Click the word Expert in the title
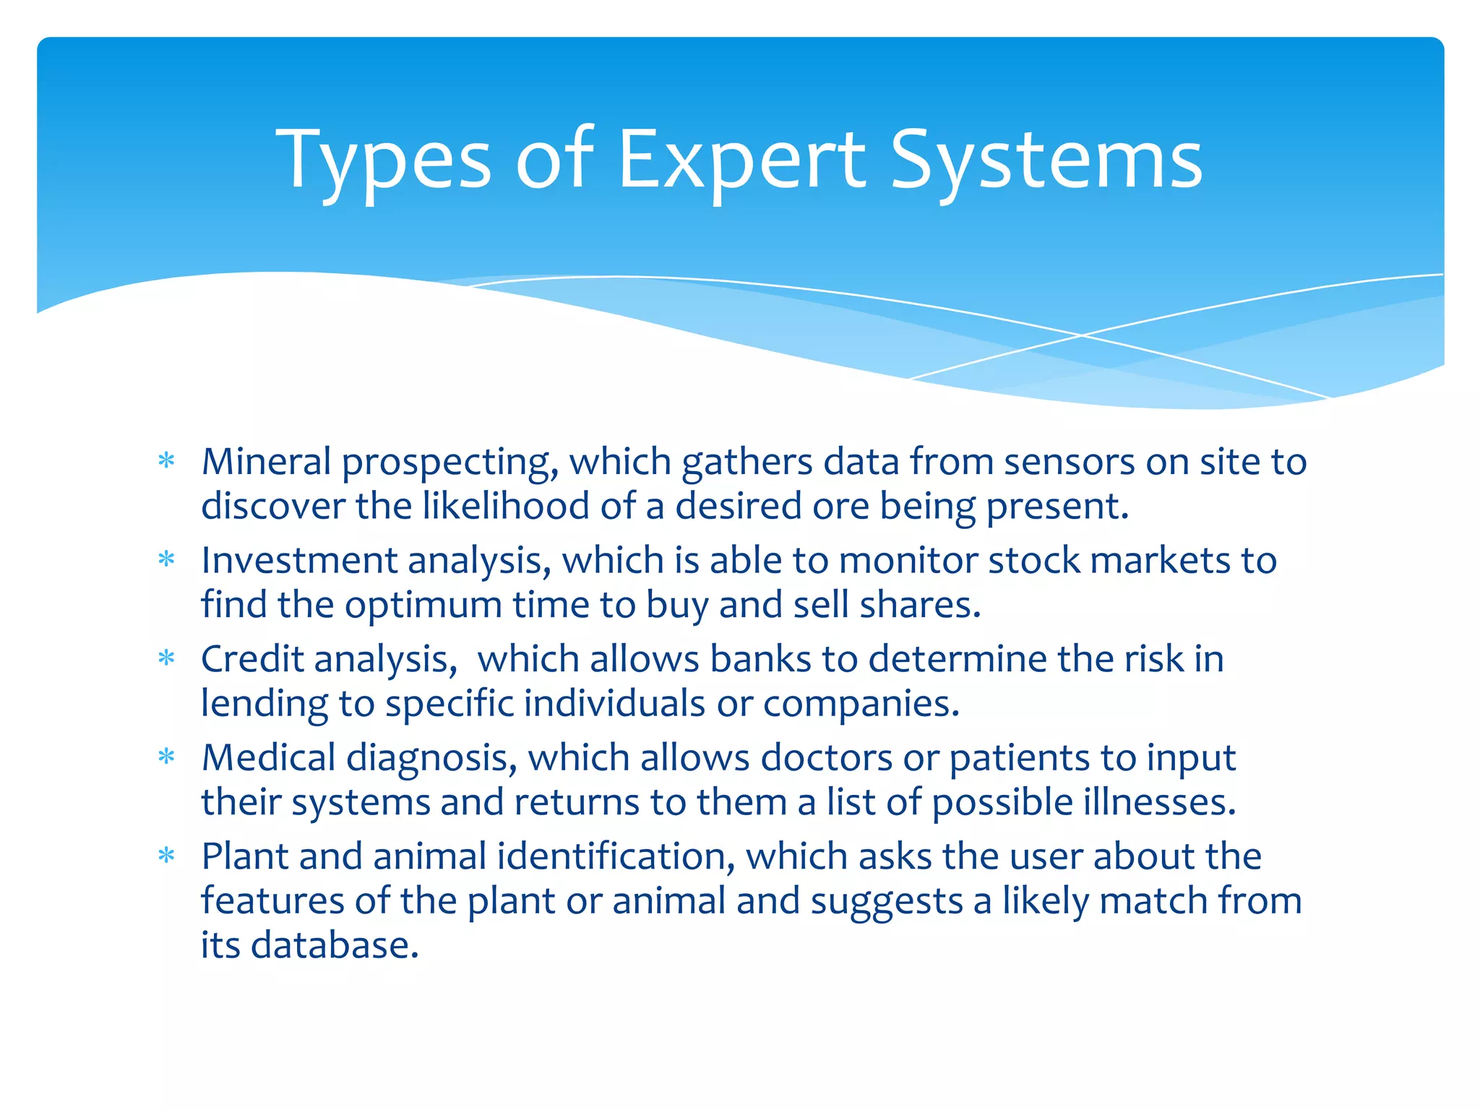[741, 160]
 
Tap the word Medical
[268, 757]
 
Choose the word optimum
[423, 605]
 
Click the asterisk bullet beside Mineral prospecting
[167, 461]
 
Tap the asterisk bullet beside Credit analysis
[167, 658]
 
